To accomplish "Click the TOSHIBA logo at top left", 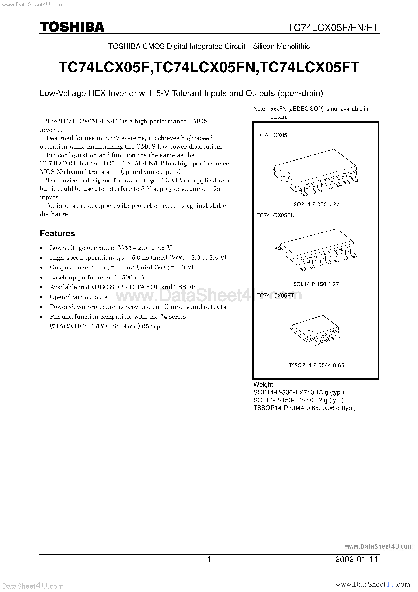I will coord(72,27).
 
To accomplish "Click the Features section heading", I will coord(57,233).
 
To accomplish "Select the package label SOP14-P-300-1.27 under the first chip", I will coord(316,204).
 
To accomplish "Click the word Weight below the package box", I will coord(263,384).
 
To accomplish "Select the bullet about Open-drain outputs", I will coord(78,297).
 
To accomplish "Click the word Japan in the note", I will coord(278,117).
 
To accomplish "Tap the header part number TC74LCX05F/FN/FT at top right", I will coord(333,27).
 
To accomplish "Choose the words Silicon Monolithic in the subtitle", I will coord(281,46).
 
